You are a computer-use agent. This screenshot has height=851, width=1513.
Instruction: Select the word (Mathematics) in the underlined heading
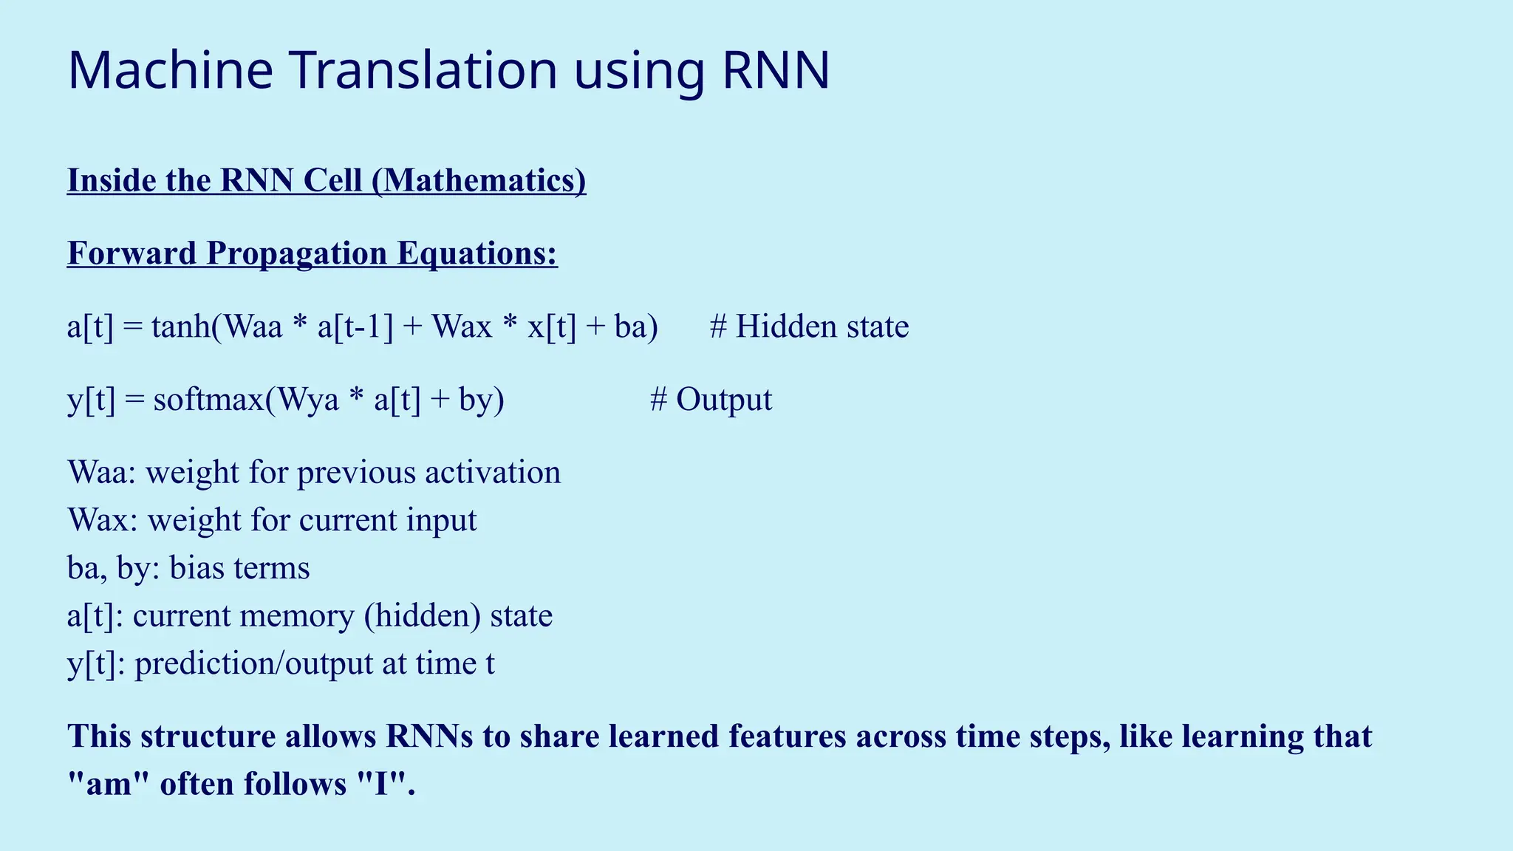tap(479, 181)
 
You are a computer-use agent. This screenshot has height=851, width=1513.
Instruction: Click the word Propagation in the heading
tap(297, 253)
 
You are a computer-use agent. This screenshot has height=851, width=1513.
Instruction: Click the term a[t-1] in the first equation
tap(355, 327)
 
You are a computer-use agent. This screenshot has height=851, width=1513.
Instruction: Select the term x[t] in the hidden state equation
tap(551, 327)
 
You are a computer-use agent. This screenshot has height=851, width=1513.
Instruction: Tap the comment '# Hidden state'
tap(809, 327)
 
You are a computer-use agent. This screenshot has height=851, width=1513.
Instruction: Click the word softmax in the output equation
tap(208, 400)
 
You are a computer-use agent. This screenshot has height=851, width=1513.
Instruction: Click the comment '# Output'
tap(711, 400)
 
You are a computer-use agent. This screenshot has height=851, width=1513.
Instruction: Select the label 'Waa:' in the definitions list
tap(102, 473)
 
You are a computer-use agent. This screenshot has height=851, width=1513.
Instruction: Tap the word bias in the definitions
tap(197, 568)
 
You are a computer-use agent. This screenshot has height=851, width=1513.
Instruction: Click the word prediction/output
tap(253, 663)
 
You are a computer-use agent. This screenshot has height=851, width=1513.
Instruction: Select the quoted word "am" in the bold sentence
tap(109, 784)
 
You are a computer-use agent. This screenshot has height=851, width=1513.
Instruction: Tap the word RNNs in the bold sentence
tap(429, 736)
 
